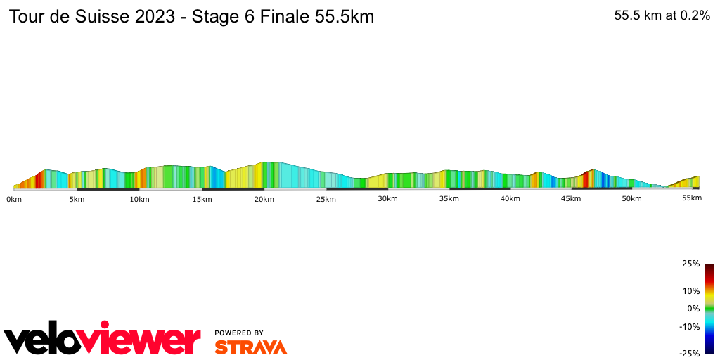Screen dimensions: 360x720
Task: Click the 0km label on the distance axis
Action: [x=13, y=199]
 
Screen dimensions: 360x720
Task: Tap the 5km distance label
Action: [x=77, y=199]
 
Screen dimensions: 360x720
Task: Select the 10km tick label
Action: [x=139, y=199]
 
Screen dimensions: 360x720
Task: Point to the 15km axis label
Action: [x=202, y=199]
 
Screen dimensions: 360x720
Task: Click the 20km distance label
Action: [x=264, y=199]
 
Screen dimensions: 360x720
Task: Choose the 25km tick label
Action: [x=326, y=199]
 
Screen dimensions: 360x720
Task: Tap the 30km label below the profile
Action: [x=388, y=199]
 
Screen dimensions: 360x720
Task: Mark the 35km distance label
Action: [x=449, y=199]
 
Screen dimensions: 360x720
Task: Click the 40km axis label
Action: [x=510, y=199]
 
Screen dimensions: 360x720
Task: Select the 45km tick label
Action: [x=571, y=199]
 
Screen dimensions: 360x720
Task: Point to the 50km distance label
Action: [x=631, y=199]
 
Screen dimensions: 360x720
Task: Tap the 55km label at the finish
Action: [x=692, y=198]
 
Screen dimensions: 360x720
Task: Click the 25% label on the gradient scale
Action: [x=690, y=264]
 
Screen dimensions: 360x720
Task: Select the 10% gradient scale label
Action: [x=690, y=291]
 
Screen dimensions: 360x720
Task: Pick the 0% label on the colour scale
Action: [x=693, y=309]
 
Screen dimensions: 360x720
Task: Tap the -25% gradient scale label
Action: [x=689, y=354]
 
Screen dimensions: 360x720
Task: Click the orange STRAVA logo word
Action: [x=250, y=347]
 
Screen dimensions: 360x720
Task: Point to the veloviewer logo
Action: [x=102, y=340]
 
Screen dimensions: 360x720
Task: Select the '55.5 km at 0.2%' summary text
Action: [x=662, y=16]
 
